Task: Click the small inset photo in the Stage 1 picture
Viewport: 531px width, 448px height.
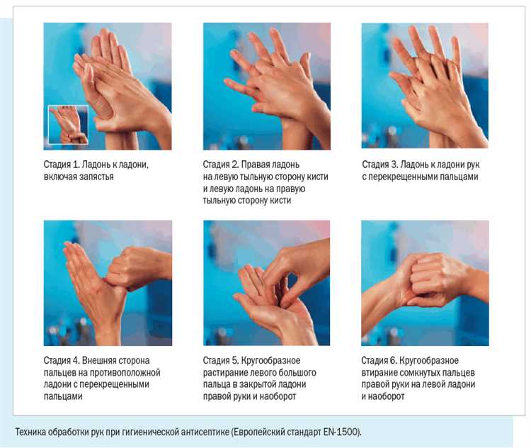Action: pos(68,125)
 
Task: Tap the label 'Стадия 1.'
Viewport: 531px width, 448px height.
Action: pos(62,164)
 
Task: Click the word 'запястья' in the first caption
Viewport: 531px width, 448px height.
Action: pos(96,177)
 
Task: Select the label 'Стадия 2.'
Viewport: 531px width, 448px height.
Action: pos(221,164)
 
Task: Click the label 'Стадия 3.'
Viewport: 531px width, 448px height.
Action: pos(380,164)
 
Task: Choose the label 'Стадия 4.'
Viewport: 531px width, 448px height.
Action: pos(62,360)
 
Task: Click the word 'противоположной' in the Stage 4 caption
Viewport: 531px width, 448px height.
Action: pos(125,373)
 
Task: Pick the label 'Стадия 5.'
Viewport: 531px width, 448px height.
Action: pos(221,360)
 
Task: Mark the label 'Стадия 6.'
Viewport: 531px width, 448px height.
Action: pos(379,360)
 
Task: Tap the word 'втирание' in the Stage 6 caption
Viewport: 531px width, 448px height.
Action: pos(379,373)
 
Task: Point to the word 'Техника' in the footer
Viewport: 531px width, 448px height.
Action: pos(30,432)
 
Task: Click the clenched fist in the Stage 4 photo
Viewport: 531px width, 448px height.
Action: pos(135,267)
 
